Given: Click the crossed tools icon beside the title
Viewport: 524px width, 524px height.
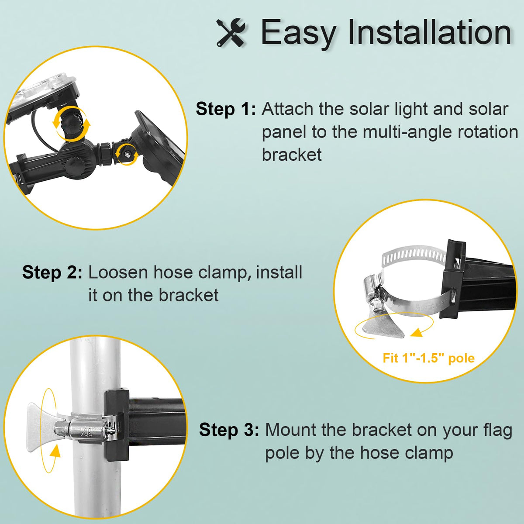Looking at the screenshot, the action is [x=231, y=33].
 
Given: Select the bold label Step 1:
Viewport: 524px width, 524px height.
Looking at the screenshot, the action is [x=226, y=109].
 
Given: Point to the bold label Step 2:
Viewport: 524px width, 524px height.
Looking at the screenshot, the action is [x=52, y=272].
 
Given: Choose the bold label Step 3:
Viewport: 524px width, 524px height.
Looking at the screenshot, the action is [x=229, y=430].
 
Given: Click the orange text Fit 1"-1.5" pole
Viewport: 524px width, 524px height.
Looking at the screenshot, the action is [x=428, y=358].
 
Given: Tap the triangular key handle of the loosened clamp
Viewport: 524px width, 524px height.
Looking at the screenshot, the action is [x=384, y=325].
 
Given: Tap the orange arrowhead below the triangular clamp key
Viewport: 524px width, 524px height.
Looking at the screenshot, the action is [x=416, y=332].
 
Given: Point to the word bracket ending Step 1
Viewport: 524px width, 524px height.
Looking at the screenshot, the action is [x=292, y=155].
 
